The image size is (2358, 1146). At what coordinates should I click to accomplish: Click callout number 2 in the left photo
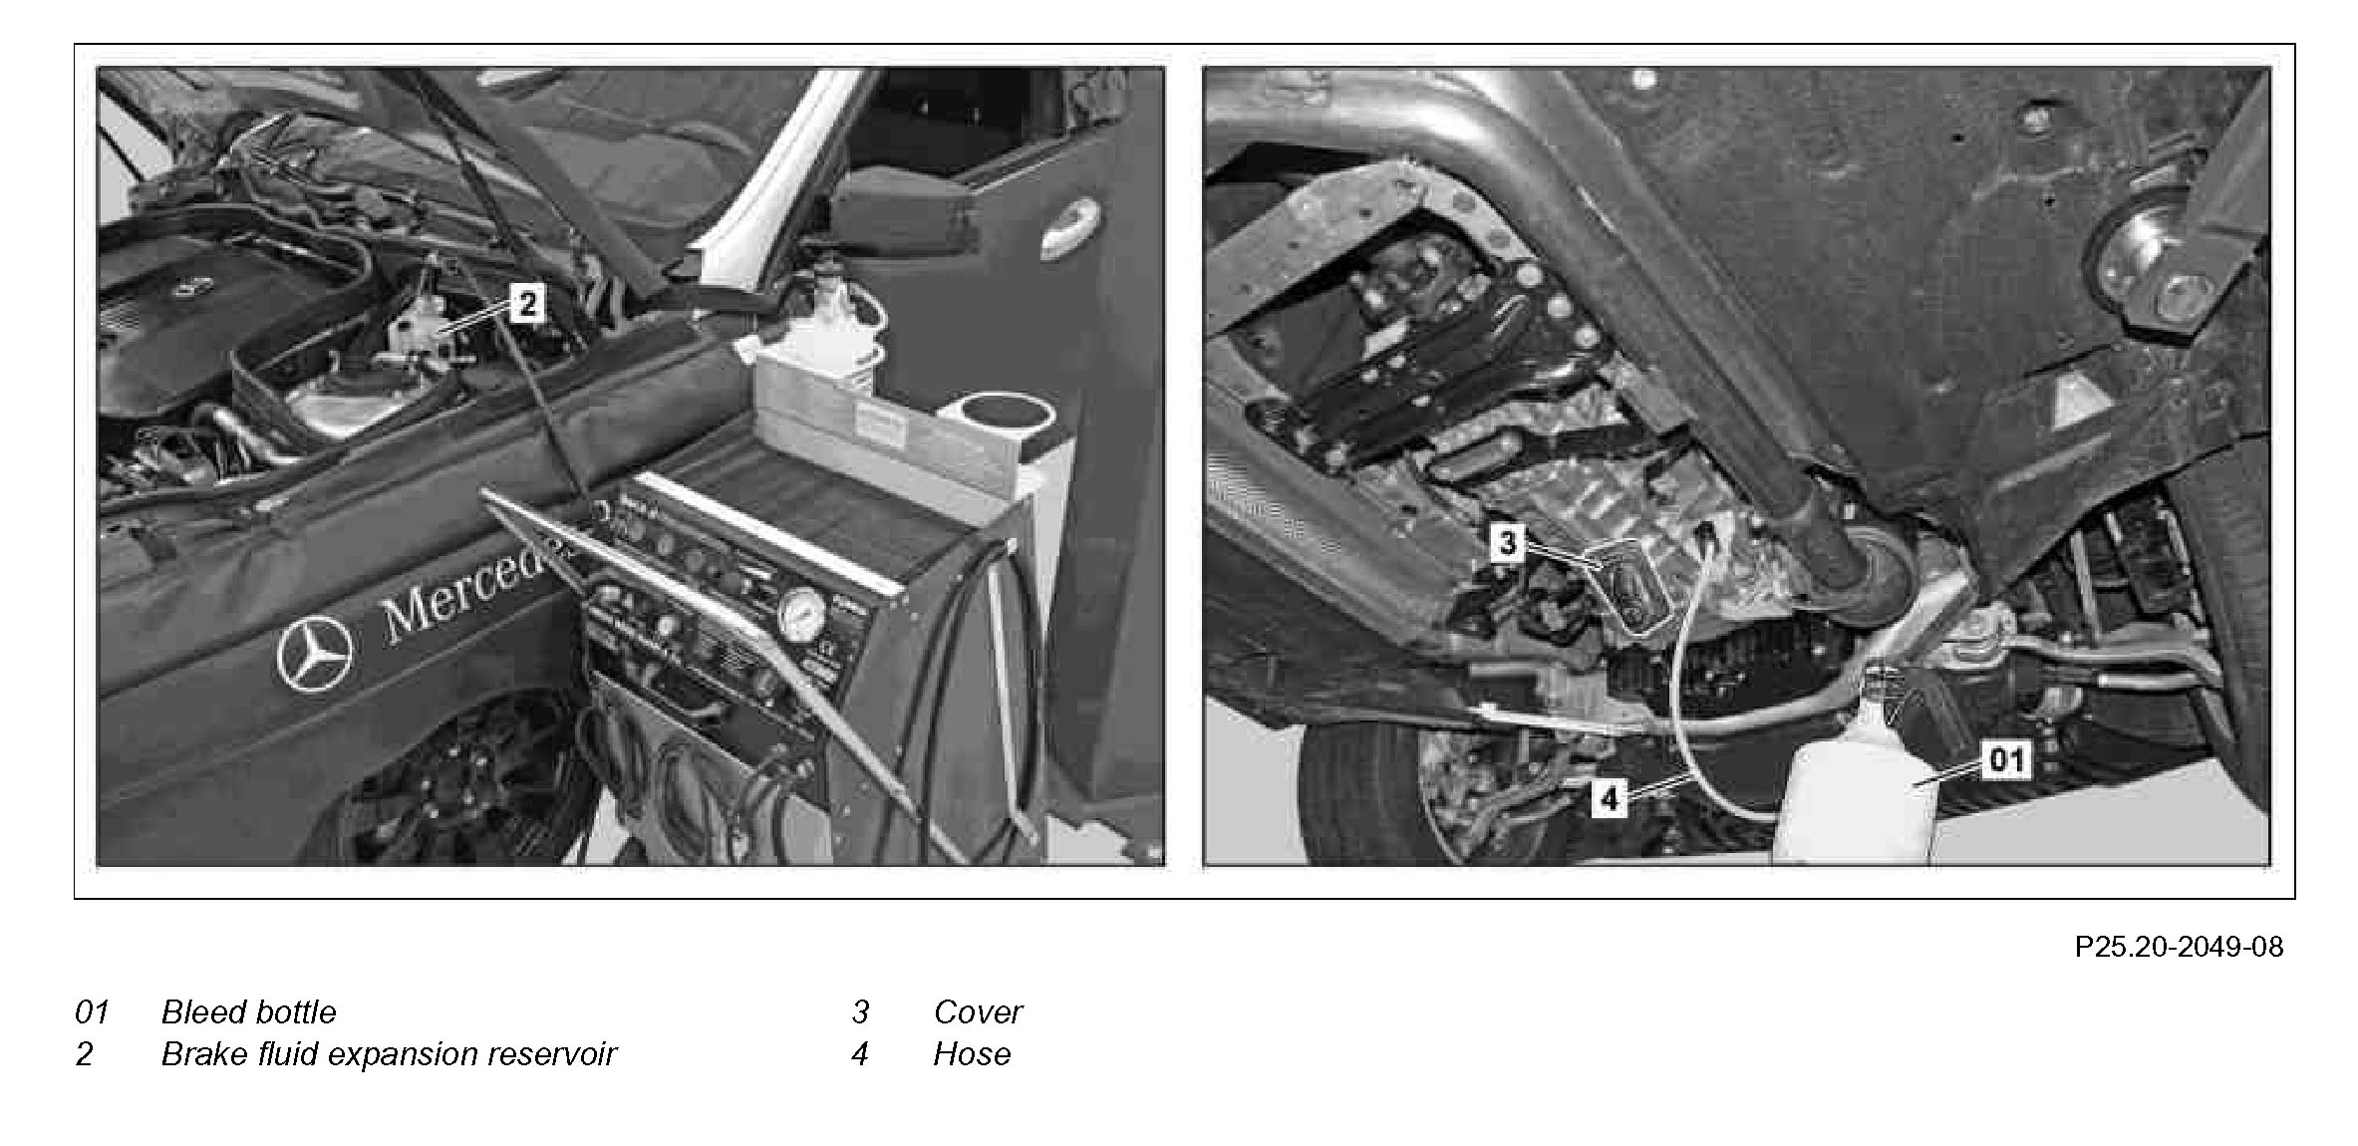[527, 303]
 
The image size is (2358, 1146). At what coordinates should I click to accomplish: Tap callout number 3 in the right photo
[1507, 543]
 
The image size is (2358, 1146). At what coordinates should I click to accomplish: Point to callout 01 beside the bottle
[2005, 760]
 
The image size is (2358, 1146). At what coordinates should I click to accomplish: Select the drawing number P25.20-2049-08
[2179, 947]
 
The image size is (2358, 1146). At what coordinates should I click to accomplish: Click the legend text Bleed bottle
[249, 1012]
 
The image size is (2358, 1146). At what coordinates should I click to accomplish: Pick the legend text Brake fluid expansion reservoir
[389, 1054]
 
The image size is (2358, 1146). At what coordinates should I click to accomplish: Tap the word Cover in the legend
[978, 1012]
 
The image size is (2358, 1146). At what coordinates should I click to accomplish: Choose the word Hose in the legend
[972, 1054]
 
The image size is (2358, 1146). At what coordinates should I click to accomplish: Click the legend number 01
[92, 1012]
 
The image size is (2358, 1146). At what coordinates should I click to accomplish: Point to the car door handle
[1072, 226]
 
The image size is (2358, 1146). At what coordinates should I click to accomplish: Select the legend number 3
[861, 1012]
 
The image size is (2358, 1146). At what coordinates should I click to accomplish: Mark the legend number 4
[860, 1054]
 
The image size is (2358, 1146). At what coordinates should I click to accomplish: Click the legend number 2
[85, 1054]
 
